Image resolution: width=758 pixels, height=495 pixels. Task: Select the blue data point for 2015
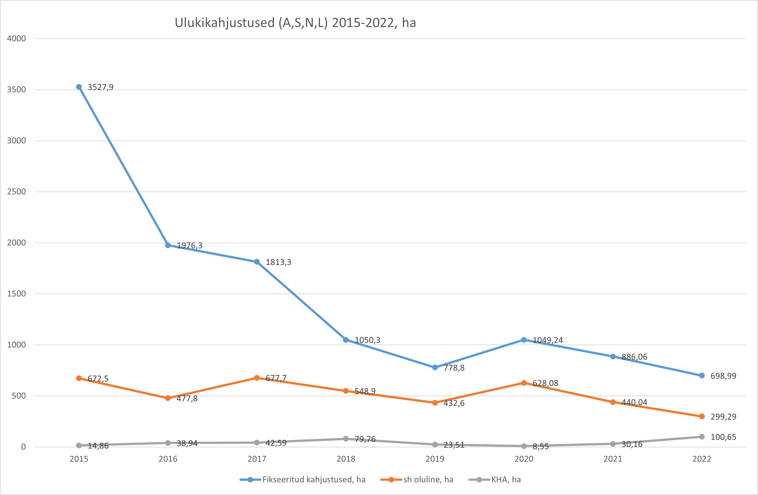pos(79,87)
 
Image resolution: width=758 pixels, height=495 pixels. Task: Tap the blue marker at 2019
pos(435,367)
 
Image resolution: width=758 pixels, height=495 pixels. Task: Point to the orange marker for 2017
pos(257,378)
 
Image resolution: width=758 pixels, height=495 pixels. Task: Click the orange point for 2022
pos(702,416)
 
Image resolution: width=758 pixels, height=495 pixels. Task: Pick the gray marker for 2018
pos(346,439)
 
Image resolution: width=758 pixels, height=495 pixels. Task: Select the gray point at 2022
pos(702,437)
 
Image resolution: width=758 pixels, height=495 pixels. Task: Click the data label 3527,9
pos(100,87)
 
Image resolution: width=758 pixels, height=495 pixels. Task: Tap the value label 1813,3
pos(278,262)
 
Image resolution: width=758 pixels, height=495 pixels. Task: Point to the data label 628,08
pos(545,383)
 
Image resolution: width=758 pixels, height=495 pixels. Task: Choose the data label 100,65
pos(723,437)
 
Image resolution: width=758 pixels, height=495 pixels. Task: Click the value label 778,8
pos(454,368)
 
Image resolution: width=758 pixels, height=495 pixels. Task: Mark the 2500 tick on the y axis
pos(16,192)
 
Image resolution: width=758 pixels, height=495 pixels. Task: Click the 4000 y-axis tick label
pos(16,39)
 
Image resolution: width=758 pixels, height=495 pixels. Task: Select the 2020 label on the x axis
pos(524,459)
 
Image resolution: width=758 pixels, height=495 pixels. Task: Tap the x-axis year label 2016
pos(168,459)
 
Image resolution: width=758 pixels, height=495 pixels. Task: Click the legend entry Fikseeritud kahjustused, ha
pos(314,480)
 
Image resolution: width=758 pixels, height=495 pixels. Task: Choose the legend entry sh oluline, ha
pos(428,480)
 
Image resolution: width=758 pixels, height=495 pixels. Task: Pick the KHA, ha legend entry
pos(506,480)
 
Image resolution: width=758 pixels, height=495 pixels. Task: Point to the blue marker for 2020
pos(524,340)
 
